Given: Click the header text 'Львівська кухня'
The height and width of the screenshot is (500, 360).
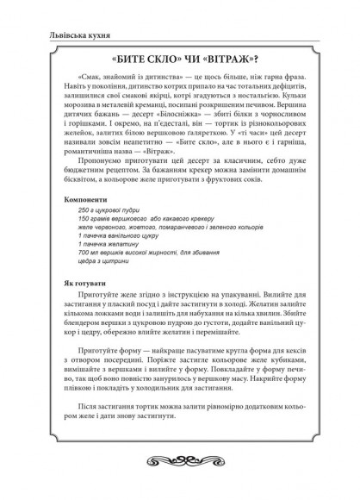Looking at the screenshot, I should (x=59, y=34).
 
